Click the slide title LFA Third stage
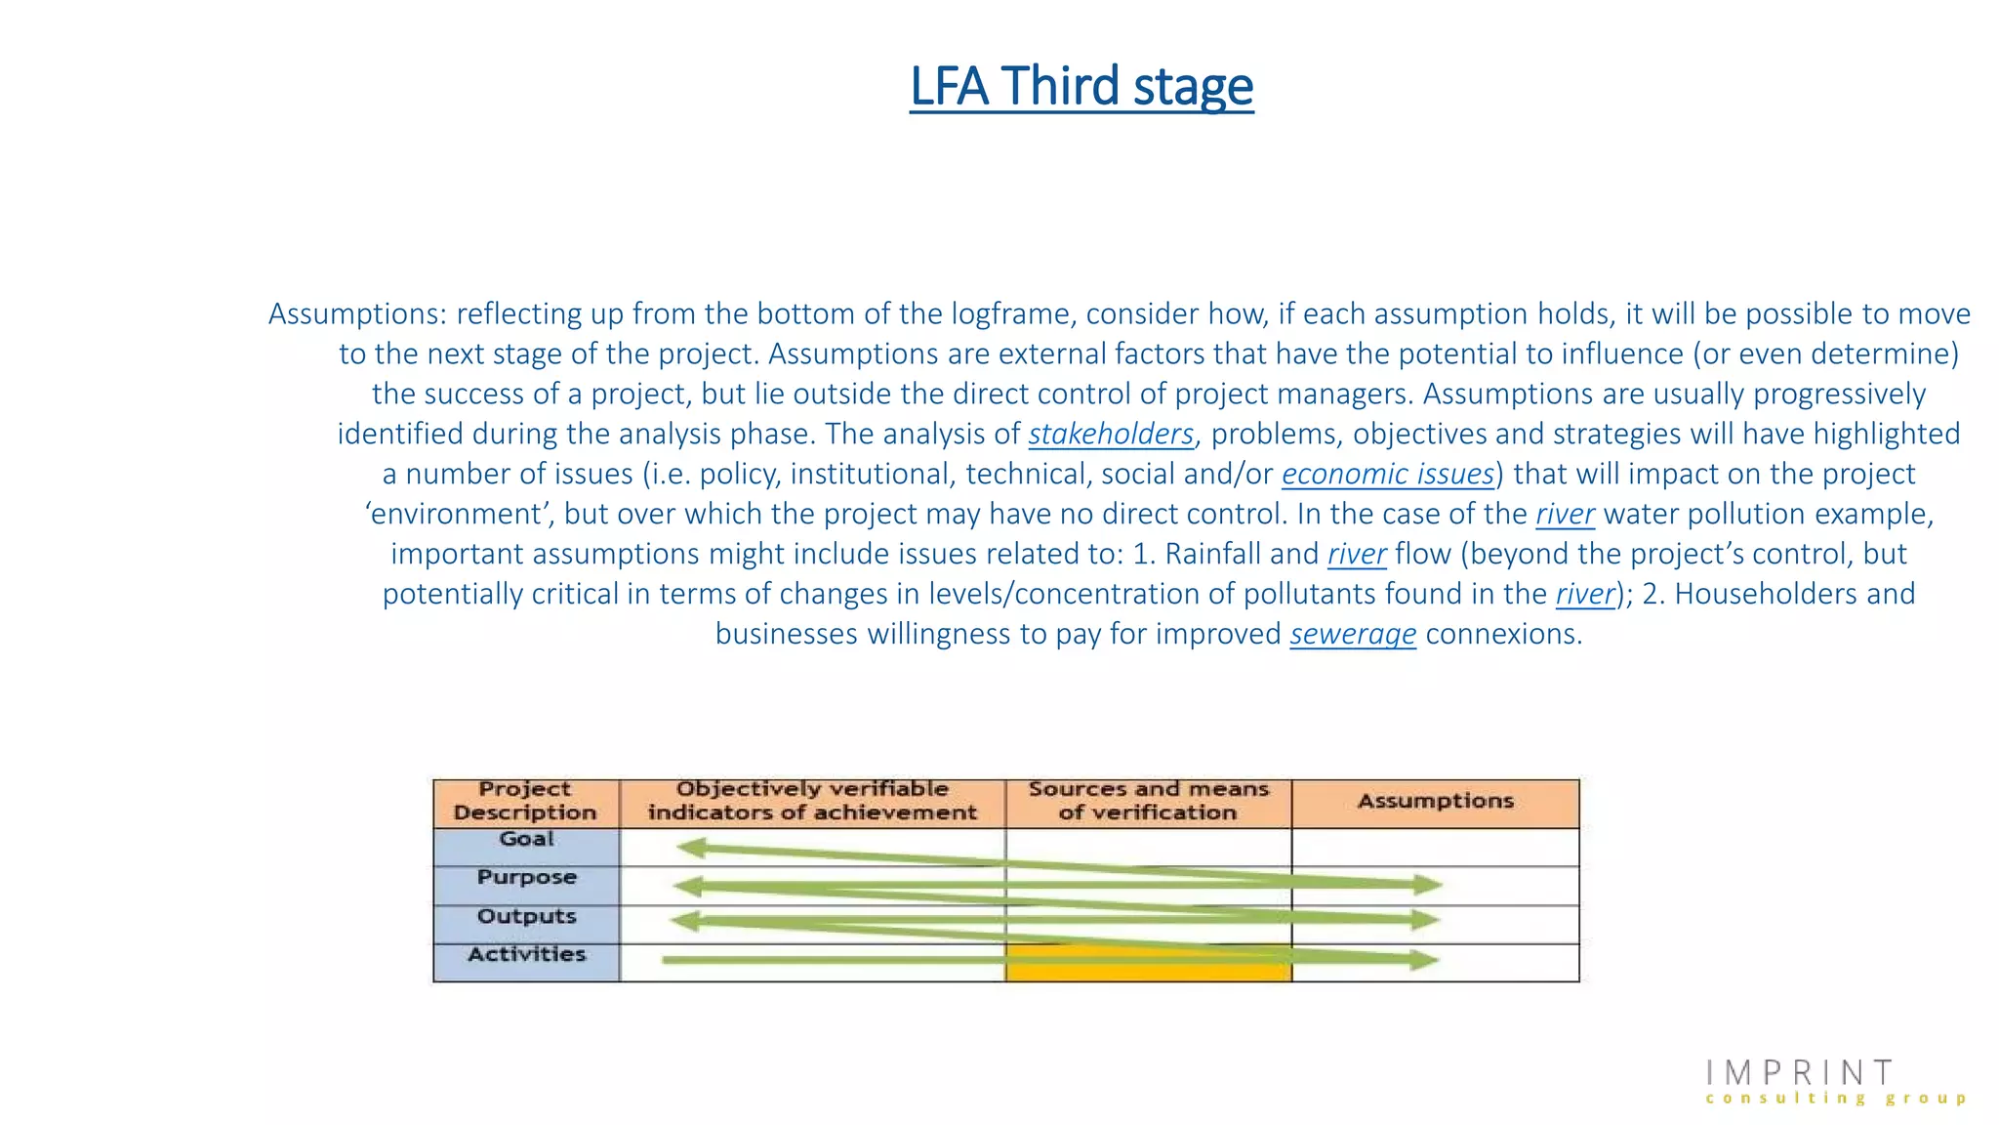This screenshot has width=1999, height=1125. (1081, 86)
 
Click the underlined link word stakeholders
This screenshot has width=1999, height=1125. (1111, 434)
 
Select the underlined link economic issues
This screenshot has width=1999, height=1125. (1387, 474)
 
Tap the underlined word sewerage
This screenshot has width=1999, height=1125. (1352, 634)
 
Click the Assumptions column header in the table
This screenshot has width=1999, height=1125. (1435, 802)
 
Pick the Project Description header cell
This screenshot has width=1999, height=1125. (525, 801)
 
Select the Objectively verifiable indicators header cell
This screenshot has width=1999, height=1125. (812, 801)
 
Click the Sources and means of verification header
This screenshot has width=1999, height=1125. (1148, 801)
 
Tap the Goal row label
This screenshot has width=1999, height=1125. (526, 839)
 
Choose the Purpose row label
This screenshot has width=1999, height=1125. (526, 877)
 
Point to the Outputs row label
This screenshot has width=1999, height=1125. (526, 916)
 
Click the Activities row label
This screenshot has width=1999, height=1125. (526, 954)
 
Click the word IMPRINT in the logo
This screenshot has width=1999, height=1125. (1800, 1073)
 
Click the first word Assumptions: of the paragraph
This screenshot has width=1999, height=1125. (357, 314)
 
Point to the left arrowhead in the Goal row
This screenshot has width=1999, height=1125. (691, 847)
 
